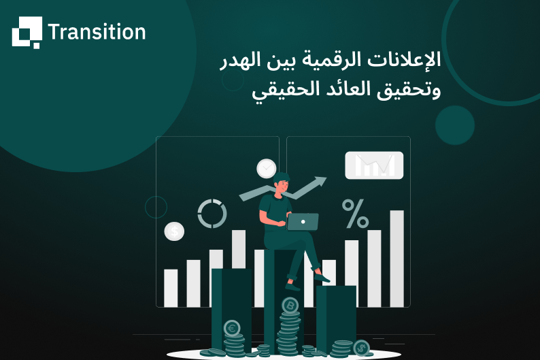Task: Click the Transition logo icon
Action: click(x=27, y=32)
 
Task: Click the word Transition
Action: click(x=97, y=32)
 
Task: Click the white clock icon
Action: click(x=267, y=168)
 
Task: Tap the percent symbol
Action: click(x=355, y=214)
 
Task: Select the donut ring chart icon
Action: click(x=212, y=214)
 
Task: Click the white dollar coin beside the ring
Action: click(x=174, y=231)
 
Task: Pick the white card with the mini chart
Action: click(x=374, y=165)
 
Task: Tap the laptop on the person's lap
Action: click(x=303, y=222)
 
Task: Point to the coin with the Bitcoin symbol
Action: click(x=290, y=306)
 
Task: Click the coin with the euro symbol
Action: click(x=232, y=328)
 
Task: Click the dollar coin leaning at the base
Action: click(x=361, y=347)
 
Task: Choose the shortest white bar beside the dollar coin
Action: click(x=171, y=288)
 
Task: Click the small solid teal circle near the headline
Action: click(x=454, y=125)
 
